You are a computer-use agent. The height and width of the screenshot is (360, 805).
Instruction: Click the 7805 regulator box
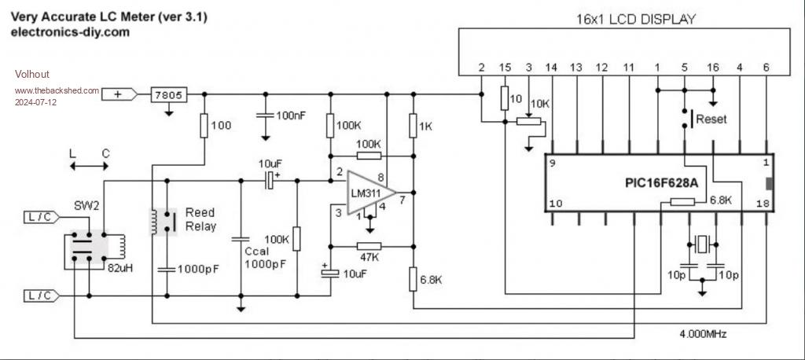167,95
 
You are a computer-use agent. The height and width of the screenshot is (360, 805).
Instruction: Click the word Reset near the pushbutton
711,119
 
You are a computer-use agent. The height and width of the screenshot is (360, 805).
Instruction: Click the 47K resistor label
369,257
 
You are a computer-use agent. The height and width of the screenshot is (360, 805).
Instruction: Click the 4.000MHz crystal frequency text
703,333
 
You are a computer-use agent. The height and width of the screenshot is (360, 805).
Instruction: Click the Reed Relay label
200,219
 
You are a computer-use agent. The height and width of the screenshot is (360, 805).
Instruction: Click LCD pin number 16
713,68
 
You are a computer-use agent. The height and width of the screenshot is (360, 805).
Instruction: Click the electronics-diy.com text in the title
70,32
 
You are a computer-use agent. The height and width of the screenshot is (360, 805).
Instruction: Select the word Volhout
32,74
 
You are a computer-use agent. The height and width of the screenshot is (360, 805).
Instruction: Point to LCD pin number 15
505,68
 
